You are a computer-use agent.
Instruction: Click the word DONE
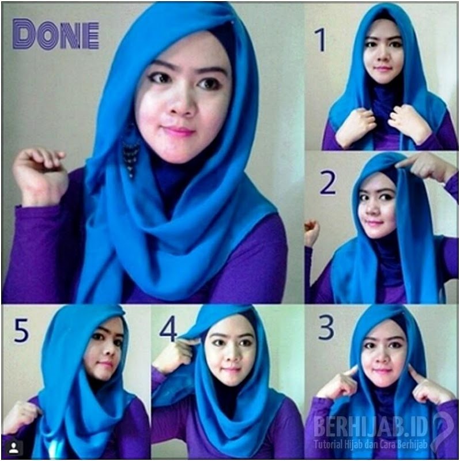[56, 34]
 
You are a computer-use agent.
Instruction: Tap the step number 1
[321, 40]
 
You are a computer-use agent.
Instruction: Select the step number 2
[327, 183]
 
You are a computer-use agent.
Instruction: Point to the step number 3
[326, 327]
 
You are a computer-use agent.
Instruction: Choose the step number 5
[21, 330]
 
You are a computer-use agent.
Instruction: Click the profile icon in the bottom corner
[13, 448]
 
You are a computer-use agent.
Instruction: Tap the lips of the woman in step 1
[383, 69]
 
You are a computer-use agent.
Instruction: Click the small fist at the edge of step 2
[312, 233]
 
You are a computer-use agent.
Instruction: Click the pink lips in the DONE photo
[179, 131]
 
